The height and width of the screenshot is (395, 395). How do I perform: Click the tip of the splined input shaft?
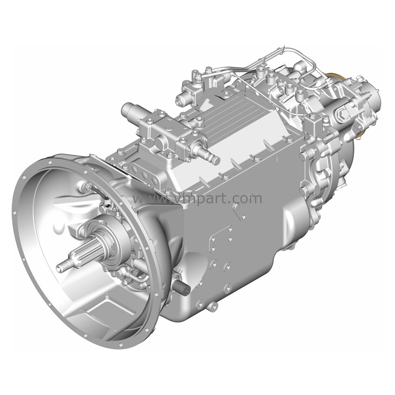[60, 268]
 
